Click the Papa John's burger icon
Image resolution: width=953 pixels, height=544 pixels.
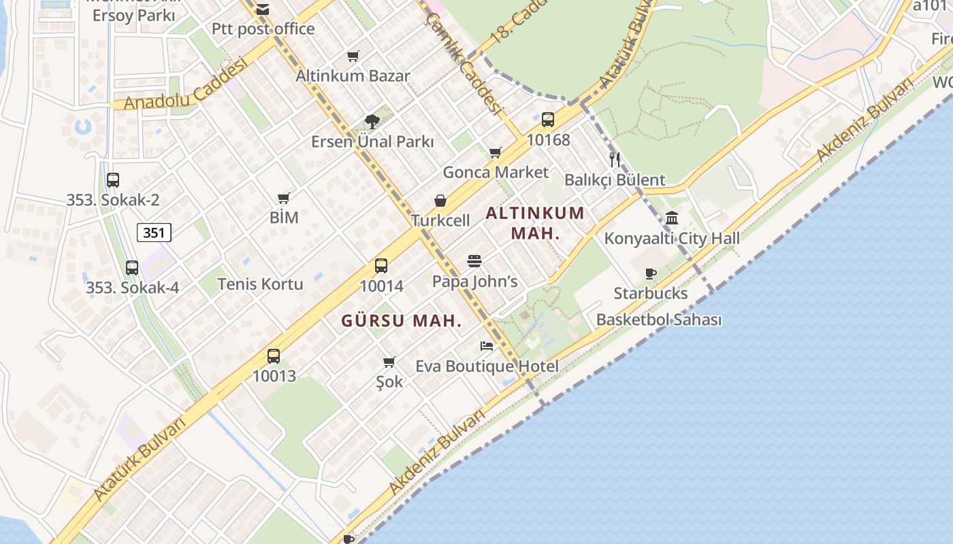point(474,261)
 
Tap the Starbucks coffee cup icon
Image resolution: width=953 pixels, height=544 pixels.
point(651,273)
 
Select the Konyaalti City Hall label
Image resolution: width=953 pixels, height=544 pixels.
point(672,239)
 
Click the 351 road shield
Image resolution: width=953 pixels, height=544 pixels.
point(154,233)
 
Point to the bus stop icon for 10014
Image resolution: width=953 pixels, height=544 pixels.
point(381,266)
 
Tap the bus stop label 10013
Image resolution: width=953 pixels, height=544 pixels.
point(274,375)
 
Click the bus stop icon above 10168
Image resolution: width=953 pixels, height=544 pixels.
point(548,120)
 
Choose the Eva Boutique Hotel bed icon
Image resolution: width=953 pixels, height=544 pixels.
point(487,346)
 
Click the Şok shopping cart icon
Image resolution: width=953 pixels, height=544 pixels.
point(389,362)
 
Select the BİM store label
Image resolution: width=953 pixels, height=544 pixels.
point(284,218)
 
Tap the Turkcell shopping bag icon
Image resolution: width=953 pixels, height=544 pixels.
point(440,201)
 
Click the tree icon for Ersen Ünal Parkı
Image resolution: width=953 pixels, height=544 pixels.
point(372,122)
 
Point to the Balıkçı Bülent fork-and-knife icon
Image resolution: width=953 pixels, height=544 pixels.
point(615,160)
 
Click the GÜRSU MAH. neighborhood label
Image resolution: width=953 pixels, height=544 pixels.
point(402,321)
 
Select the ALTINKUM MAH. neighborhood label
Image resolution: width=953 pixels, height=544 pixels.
point(535,222)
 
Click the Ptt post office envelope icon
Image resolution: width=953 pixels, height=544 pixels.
point(263,10)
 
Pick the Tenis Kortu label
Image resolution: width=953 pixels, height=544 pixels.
point(260,284)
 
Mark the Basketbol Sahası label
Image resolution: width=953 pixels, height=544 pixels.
point(658,320)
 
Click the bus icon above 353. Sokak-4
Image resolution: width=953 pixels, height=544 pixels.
point(132,267)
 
